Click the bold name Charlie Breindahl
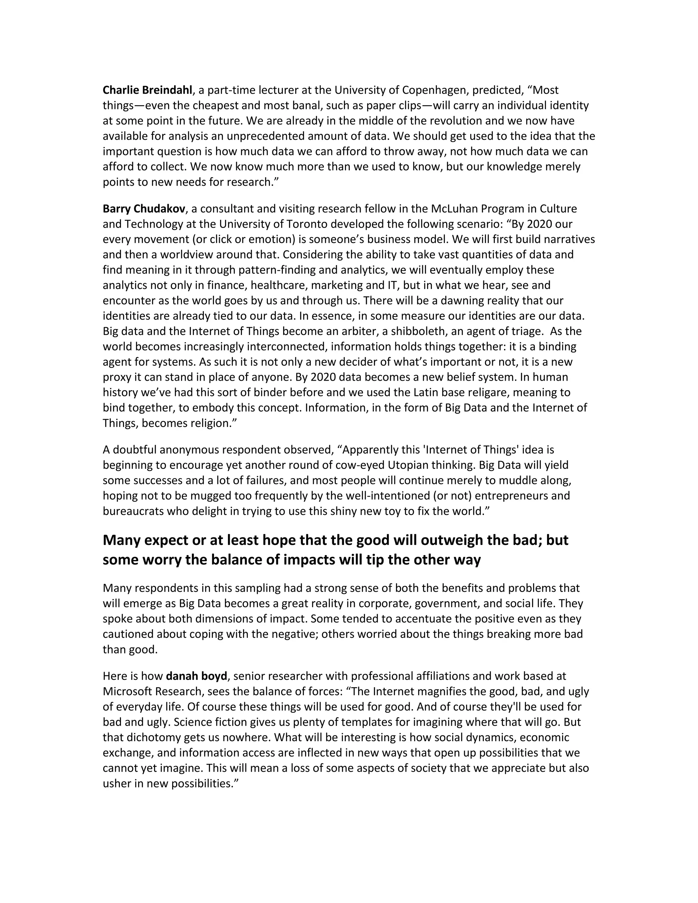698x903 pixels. (x=147, y=90)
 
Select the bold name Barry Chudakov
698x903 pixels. (x=144, y=209)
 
